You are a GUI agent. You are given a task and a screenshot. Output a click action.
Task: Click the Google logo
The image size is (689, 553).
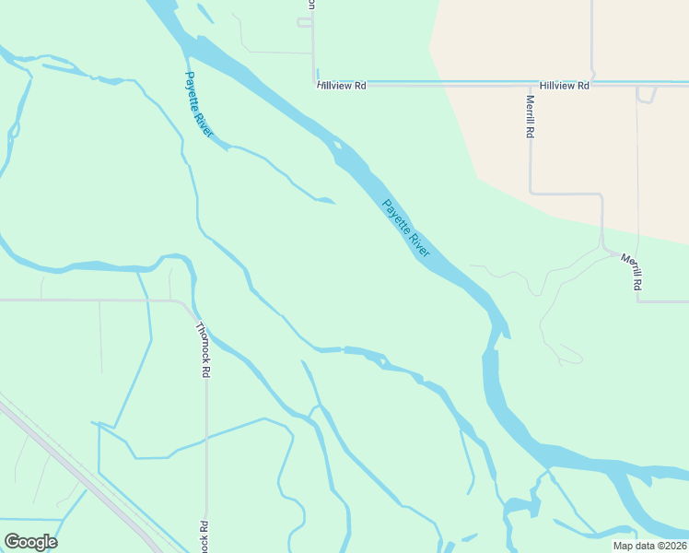(31, 542)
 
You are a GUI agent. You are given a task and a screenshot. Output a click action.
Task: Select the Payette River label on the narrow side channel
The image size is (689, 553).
(199, 105)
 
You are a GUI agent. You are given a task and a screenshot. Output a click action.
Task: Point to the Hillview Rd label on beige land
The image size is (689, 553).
(565, 86)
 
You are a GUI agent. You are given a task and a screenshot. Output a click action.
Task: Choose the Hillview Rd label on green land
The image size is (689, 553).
(342, 86)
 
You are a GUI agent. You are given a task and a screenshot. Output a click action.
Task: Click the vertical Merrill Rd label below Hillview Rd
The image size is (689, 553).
(531, 117)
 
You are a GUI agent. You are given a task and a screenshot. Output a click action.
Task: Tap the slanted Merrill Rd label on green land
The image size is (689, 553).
(631, 273)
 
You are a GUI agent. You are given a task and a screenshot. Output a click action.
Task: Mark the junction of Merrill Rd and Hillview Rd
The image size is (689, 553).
(531, 83)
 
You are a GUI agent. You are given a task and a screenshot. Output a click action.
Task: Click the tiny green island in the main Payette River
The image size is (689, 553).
(340, 144)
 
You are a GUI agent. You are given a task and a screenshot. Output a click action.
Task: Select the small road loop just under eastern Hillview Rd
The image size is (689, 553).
(646, 94)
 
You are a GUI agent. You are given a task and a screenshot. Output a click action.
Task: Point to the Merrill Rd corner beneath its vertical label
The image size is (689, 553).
(531, 194)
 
